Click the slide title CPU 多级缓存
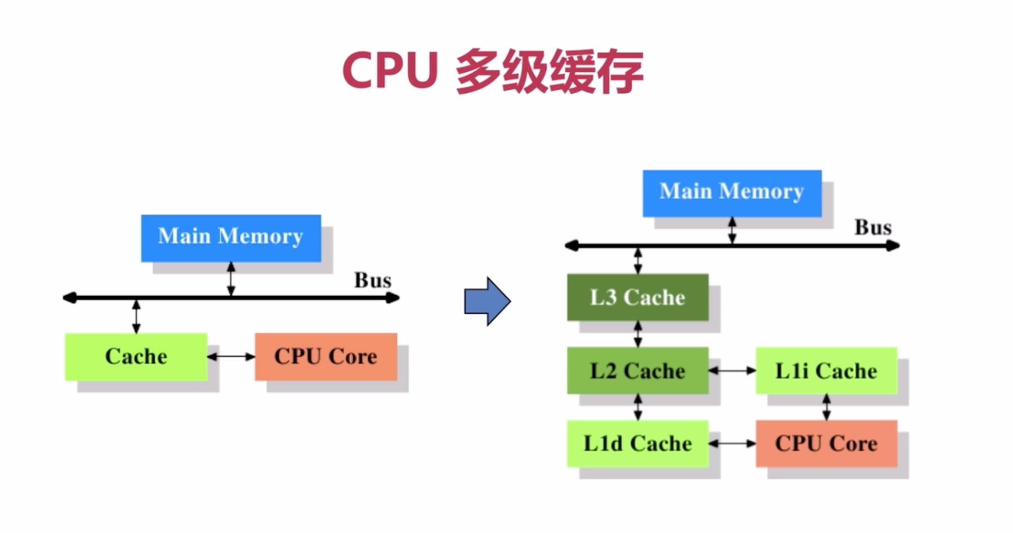(x=493, y=71)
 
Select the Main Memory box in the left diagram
(x=231, y=238)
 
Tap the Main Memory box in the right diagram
(x=732, y=193)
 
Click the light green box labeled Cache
(x=136, y=357)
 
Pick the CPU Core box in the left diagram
(x=326, y=357)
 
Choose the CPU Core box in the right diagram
(x=826, y=444)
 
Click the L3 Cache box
(x=638, y=297)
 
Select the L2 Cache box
(x=638, y=371)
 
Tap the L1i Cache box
(x=826, y=371)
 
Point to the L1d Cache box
(x=638, y=444)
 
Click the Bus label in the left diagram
(x=373, y=280)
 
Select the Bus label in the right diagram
(x=873, y=227)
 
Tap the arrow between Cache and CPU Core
(x=231, y=357)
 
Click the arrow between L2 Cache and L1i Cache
(x=732, y=371)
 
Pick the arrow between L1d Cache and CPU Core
(x=732, y=444)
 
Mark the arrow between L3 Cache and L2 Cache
(x=638, y=334)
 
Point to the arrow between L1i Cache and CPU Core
(x=826, y=407)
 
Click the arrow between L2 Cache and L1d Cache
(x=638, y=407)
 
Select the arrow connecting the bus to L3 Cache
(x=638, y=260)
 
